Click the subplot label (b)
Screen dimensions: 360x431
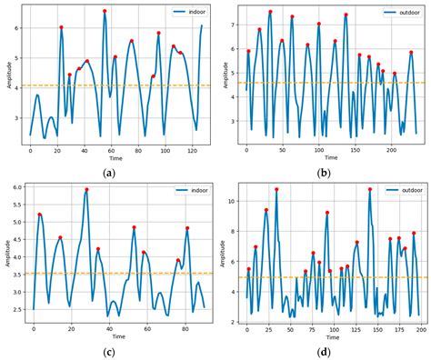[325, 172]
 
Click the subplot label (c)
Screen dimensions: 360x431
[109, 351]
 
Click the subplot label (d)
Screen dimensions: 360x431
[326, 351]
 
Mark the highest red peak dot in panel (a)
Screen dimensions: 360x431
[105, 11]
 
